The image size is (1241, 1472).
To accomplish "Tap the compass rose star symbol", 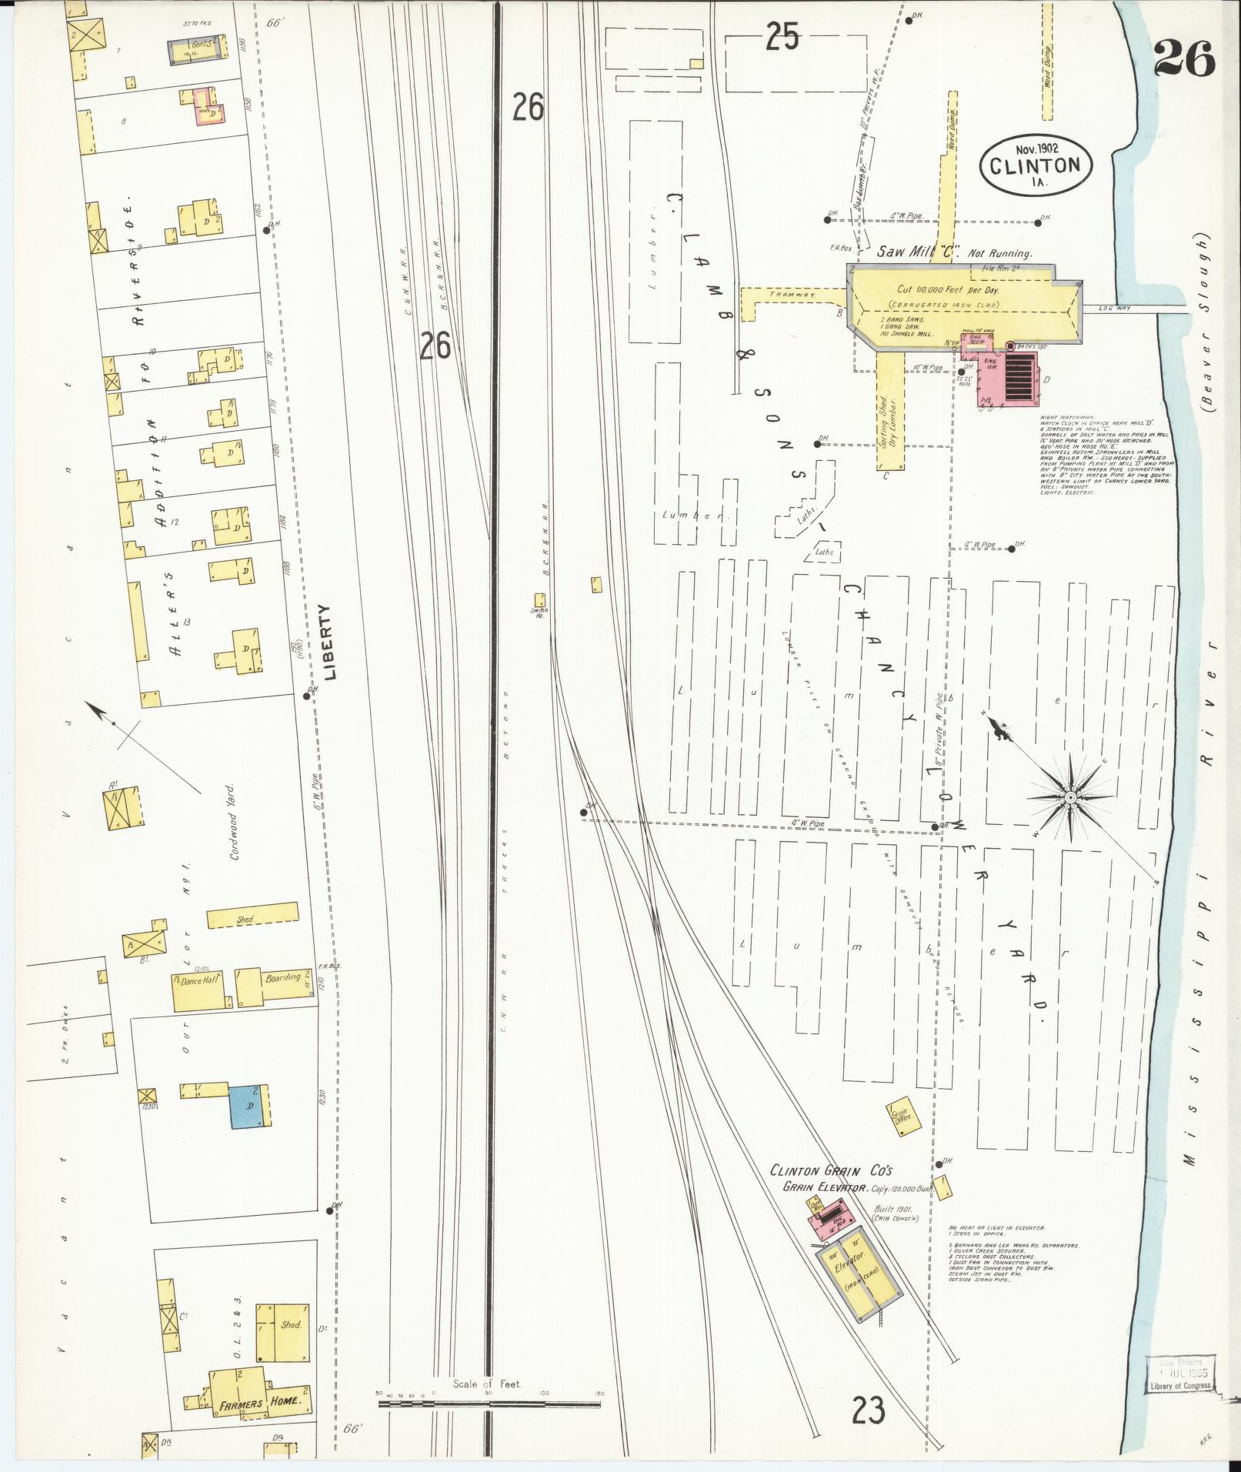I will pyautogui.click(x=1069, y=797).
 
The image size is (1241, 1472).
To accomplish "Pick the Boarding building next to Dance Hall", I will pyautogui.click(x=273, y=986).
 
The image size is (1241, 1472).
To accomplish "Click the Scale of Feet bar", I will pyautogui.click(x=490, y=1403).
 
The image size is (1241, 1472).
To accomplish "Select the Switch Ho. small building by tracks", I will pyautogui.click(x=540, y=599).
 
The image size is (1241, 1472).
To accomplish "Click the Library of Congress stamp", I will pyautogui.click(x=1180, y=1372).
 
